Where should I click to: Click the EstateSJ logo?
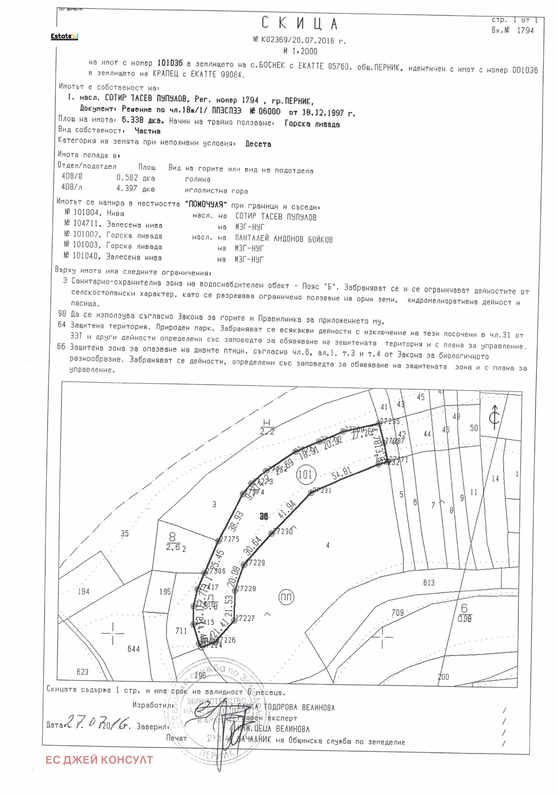[65, 37]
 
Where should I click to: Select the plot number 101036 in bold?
[170, 63]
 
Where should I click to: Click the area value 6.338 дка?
[143, 121]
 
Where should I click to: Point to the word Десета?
[258, 144]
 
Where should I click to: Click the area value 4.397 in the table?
[127, 188]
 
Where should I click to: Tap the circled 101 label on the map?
[306, 474]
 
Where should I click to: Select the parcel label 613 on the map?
[429, 583]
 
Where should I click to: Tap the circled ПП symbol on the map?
[286, 597]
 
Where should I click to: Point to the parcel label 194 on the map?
[84, 592]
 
